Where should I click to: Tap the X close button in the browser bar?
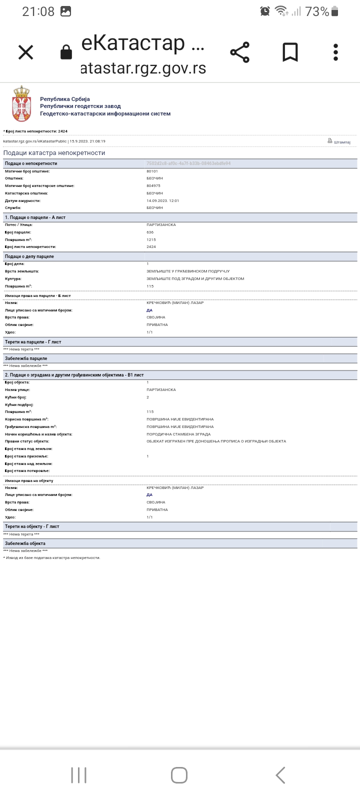[25, 52]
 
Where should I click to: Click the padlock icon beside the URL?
[66, 52]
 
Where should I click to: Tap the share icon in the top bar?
[240, 52]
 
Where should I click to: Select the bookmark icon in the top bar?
[290, 52]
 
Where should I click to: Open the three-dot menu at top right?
[335, 52]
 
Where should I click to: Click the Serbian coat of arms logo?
[21, 103]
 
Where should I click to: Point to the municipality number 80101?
[152, 171]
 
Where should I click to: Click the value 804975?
[153, 185]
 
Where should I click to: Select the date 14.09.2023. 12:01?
[162, 200]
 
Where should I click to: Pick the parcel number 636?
[150, 232]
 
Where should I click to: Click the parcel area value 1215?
[151, 239]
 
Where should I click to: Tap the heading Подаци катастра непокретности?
[54, 153]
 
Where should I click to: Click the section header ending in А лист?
[35, 217]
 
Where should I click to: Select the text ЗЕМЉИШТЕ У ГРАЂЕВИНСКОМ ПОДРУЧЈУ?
[187, 271]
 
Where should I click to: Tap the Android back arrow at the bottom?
[280, 775]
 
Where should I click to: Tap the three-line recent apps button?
[78, 775]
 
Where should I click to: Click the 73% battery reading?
[317, 11]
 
